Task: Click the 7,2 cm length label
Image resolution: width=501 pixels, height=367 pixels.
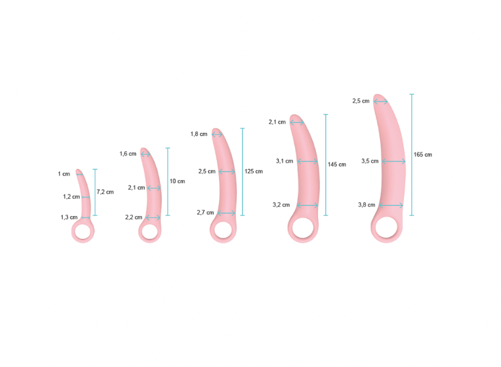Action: pyautogui.click(x=105, y=192)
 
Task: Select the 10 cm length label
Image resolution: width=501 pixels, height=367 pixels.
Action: pyautogui.click(x=177, y=181)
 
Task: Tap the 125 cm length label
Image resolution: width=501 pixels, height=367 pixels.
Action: pyautogui.click(x=253, y=171)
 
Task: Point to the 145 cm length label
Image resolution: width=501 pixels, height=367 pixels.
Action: pyautogui.click(x=336, y=164)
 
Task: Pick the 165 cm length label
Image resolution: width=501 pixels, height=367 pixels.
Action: pyautogui.click(x=423, y=154)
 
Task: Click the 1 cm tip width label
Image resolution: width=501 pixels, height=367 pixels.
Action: pyautogui.click(x=64, y=174)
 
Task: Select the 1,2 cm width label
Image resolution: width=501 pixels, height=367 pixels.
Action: pyautogui.click(x=71, y=196)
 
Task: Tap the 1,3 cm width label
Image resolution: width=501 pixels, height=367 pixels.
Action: pyautogui.click(x=69, y=217)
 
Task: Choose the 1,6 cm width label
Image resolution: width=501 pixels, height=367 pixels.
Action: pyautogui.click(x=128, y=154)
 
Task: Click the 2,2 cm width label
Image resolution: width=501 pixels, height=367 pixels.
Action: pyautogui.click(x=133, y=217)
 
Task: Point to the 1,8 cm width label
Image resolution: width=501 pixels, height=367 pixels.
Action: pyautogui.click(x=198, y=134)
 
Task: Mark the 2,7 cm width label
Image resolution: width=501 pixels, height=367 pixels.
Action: pyautogui.click(x=205, y=212)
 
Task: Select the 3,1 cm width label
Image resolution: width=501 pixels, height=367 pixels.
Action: pyautogui.click(x=284, y=161)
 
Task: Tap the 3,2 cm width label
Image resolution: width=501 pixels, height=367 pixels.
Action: pyautogui.click(x=281, y=205)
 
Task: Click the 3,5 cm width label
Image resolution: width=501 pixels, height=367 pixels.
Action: pyautogui.click(x=370, y=161)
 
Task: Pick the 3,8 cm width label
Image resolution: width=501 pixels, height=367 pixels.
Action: pyautogui.click(x=367, y=205)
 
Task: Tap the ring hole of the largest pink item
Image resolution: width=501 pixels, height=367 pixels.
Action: pyautogui.click(x=388, y=227)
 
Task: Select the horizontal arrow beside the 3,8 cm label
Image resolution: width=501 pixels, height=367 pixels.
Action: pyautogui.click(x=391, y=205)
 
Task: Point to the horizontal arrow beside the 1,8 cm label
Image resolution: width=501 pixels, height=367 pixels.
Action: pyautogui.click(x=217, y=135)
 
